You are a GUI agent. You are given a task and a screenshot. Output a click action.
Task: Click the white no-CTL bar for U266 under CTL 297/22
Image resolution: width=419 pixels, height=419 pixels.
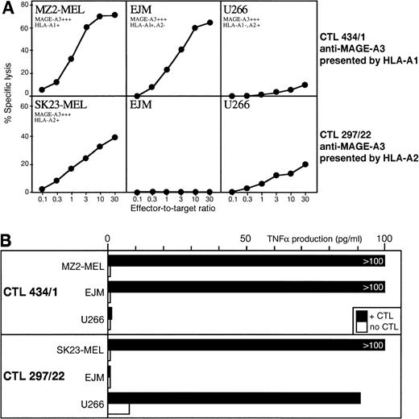(118, 409)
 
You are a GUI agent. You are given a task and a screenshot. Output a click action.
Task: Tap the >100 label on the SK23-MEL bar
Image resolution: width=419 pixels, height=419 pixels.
(373, 345)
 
